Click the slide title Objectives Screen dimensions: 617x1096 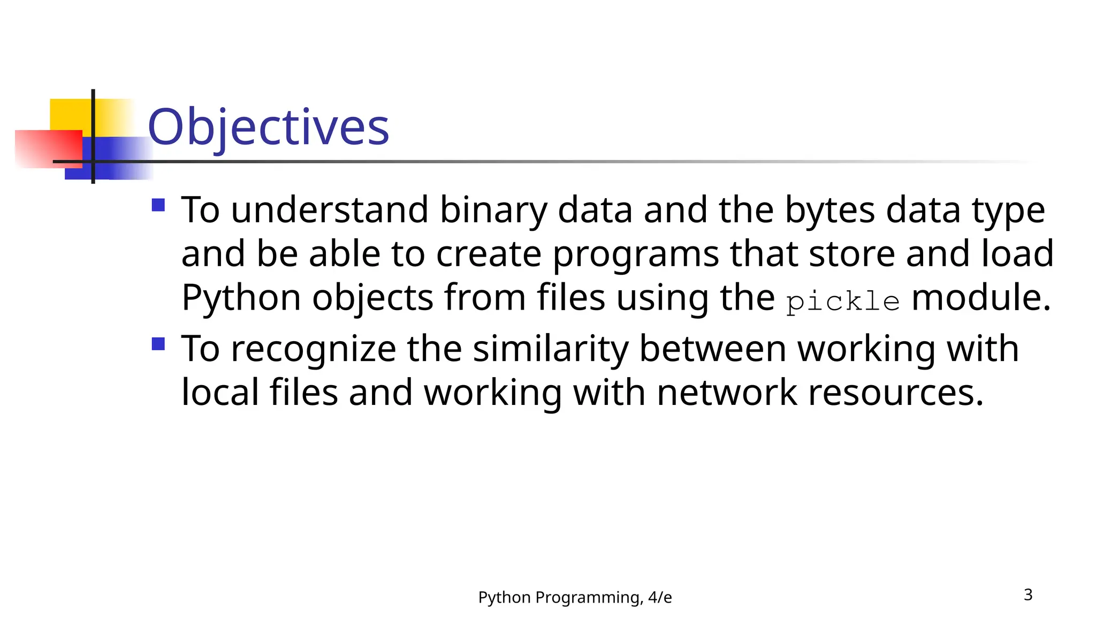click(x=268, y=127)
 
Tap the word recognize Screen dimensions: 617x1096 click(x=313, y=350)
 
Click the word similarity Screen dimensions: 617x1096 click(x=551, y=350)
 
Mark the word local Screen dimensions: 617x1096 click(x=220, y=393)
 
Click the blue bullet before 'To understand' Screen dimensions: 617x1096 click(x=158, y=205)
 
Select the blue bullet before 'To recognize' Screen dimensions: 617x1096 click(x=158, y=344)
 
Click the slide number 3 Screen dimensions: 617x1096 click(x=1028, y=595)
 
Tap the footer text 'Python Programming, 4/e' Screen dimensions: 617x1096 click(x=575, y=597)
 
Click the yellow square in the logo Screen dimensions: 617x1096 click(x=70, y=114)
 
